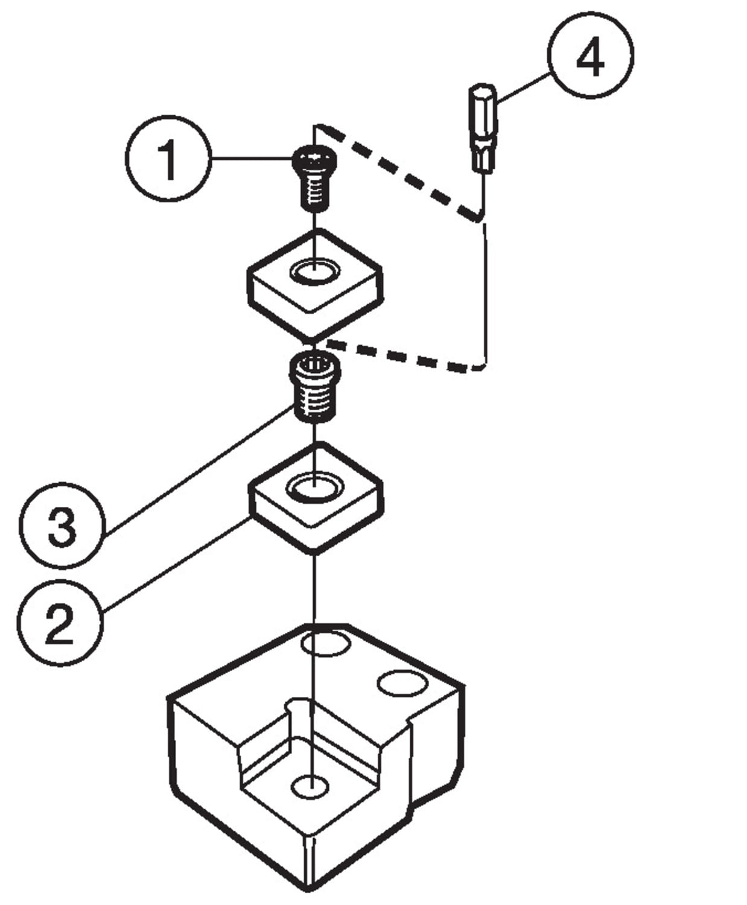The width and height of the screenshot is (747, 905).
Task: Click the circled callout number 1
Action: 168,159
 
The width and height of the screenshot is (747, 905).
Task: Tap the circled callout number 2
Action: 59,624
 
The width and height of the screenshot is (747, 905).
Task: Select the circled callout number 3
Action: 62,524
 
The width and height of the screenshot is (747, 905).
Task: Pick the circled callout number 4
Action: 590,56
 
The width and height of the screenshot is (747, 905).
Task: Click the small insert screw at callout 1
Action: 314,178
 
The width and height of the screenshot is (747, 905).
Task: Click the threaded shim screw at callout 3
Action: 314,387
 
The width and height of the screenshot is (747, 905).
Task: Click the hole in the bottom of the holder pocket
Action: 310,786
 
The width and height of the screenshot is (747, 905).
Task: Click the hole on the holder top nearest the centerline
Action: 325,644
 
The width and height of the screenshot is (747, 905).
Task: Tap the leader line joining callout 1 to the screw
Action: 250,159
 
